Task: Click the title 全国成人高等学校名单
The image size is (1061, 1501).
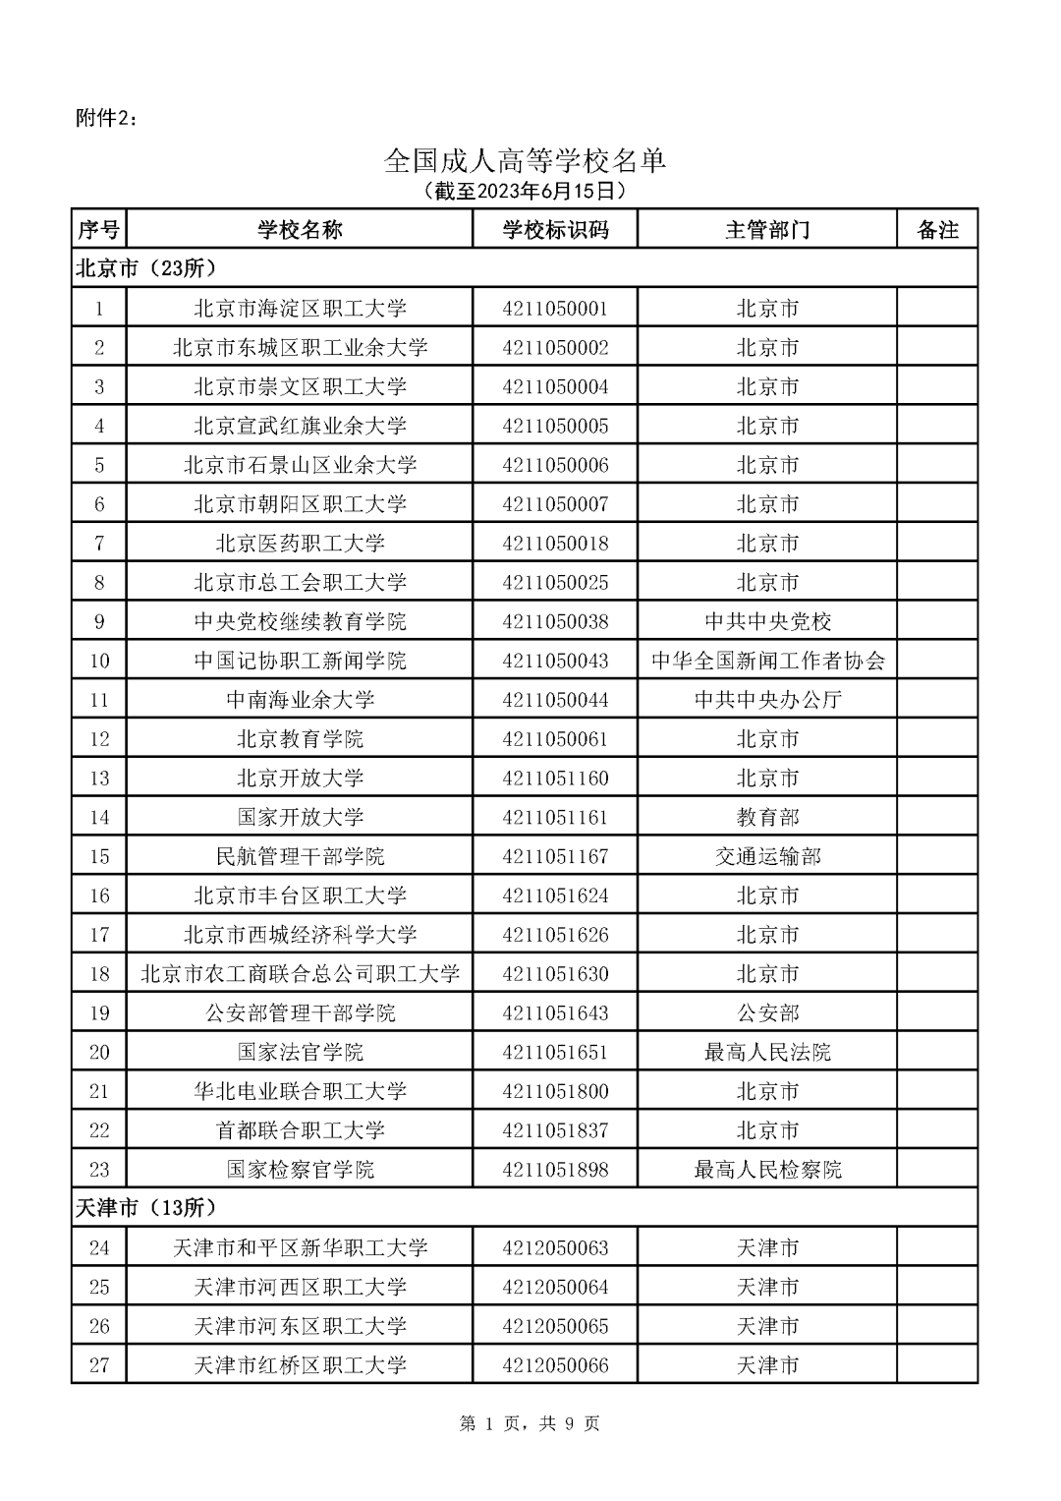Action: click(525, 160)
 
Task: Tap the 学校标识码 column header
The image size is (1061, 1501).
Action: click(555, 230)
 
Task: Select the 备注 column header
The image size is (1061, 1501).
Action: click(937, 230)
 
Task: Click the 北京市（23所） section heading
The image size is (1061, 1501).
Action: click(145, 267)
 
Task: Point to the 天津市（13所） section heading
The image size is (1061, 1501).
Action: click(145, 1207)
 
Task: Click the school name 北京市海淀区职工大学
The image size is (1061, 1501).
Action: click(300, 309)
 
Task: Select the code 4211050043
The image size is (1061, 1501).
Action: click(555, 661)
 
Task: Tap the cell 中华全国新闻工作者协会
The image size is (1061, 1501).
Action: click(767, 661)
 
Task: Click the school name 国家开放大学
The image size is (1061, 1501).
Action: click(300, 817)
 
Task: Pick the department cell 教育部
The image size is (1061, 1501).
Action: click(767, 817)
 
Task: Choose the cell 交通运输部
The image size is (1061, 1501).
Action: click(767, 856)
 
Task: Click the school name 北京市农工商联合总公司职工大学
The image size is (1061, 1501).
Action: click(300, 973)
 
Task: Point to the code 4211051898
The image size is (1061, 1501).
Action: click(555, 1170)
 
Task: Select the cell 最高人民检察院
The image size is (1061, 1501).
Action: click(767, 1170)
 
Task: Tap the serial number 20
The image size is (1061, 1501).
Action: click(99, 1052)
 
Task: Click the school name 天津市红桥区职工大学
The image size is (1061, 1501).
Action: click(300, 1365)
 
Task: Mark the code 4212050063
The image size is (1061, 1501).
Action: click(555, 1247)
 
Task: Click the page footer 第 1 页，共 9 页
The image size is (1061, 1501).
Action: click(530, 1423)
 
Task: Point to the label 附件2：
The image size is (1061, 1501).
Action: click(107, 118)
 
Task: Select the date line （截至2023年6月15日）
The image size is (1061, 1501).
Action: click(525, 190)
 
